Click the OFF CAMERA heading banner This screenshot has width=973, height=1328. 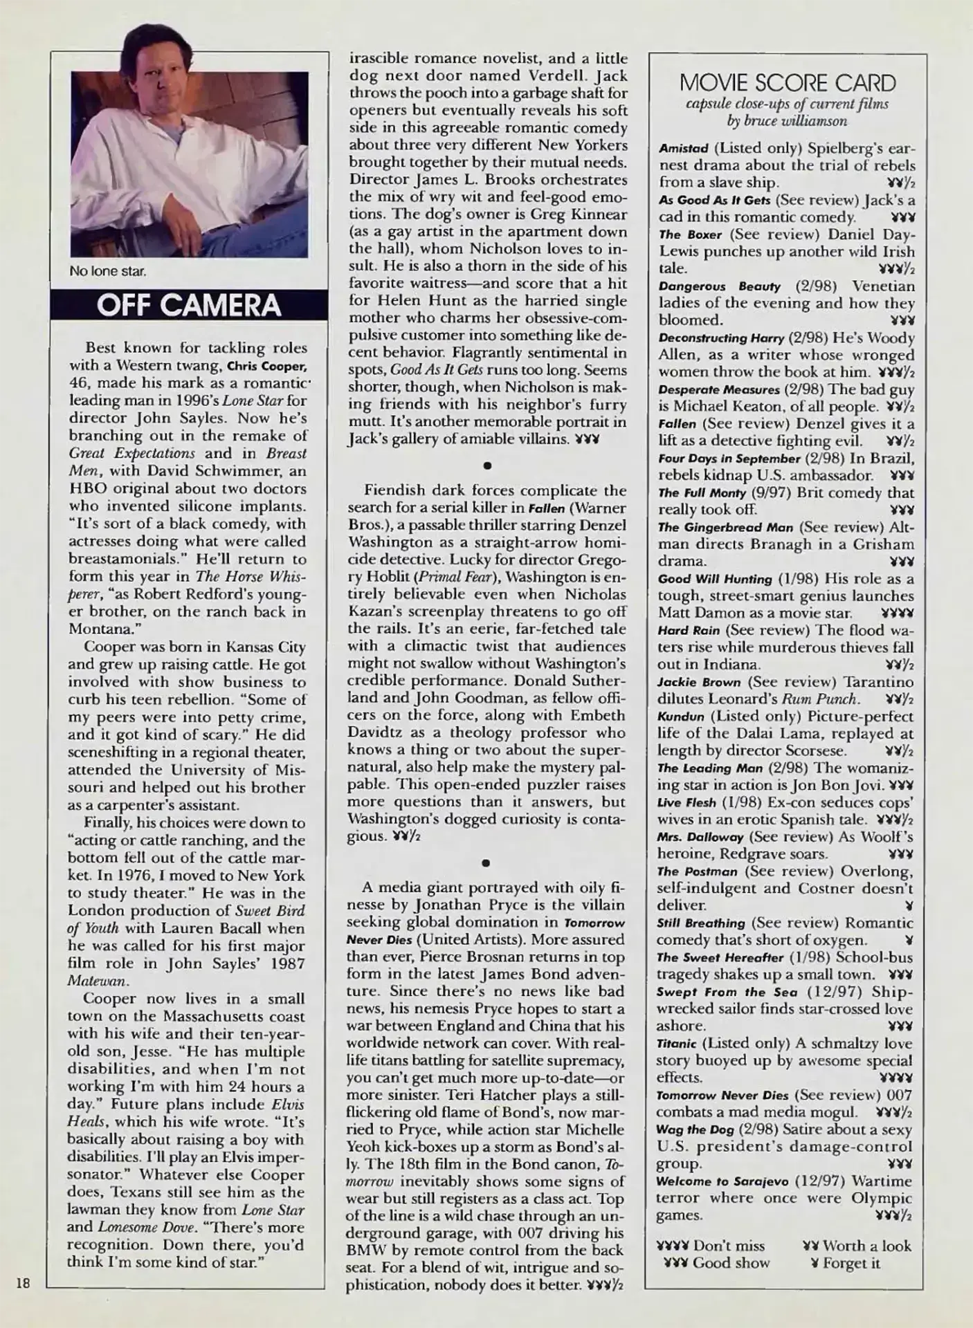[188, 306]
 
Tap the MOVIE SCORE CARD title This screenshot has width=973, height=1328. [787, 83]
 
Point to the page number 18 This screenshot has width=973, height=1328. [23, 1283]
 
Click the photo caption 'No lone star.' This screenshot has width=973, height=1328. [107, 271]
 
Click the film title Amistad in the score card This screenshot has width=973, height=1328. [683, 149]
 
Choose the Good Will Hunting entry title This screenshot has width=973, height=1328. [714, 579]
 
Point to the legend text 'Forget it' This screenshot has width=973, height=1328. [851, 1264]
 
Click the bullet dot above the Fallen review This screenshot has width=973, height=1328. [486, 465]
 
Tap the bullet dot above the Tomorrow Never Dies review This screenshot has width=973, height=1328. [486, 863]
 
